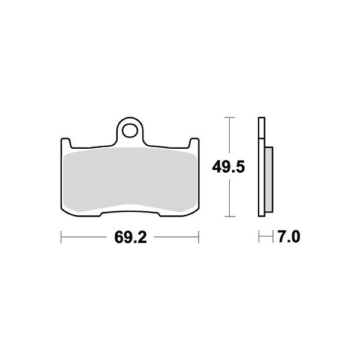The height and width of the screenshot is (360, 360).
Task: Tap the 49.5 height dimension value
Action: pos(228,167)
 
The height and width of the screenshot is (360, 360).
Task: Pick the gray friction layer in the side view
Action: pos(269,179)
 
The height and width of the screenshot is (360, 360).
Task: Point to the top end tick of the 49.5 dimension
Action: pos(228,118)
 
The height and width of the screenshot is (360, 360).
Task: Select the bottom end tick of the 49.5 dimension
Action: pos(228,216)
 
